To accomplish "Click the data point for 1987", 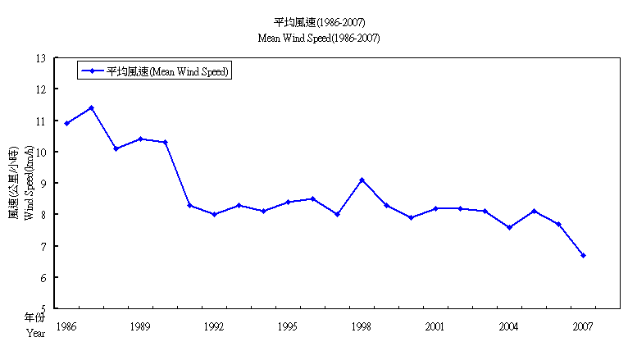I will coord(91,107).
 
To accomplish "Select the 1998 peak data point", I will coord(362,180).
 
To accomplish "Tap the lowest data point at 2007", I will coord(583,255).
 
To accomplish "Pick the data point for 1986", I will coord(66,123).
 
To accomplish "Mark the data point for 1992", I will coord(214,214).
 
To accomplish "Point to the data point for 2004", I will coord(509,227).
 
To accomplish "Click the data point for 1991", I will coord(189,205).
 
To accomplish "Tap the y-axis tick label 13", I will coord(41,58).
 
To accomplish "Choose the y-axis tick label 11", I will coord(41,121).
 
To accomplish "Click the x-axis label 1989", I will coord(140,326).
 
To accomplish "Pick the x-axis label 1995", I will coord(288,326).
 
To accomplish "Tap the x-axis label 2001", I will coord(435,326).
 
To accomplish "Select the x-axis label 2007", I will coord(583,326).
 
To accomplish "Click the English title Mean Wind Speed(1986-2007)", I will coord(319,38).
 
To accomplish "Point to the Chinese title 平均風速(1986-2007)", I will coord(319,21).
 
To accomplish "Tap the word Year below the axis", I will coord(35,333).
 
